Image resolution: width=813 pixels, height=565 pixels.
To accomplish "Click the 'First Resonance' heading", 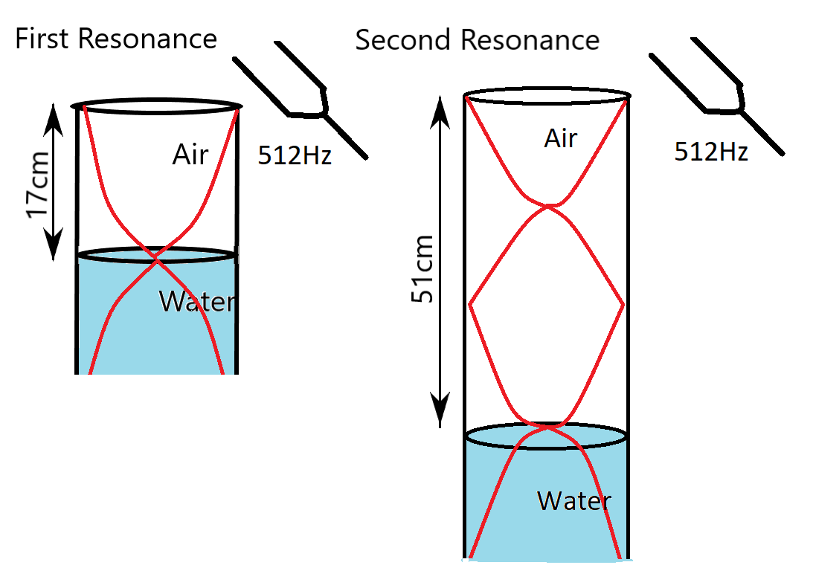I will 116,39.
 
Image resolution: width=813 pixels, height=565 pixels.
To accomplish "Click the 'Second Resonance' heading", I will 477,39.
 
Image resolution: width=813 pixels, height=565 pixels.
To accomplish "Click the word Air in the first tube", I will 190,155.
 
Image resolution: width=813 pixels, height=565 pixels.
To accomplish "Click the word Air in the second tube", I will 561,138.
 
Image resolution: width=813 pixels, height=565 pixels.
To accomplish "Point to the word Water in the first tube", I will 197,301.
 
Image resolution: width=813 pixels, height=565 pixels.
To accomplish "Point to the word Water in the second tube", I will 574,500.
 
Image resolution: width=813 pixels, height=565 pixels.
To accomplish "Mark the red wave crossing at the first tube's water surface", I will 156,259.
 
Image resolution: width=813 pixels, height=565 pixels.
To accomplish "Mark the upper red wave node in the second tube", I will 549,206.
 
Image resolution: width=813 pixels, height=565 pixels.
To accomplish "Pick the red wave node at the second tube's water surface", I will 548,426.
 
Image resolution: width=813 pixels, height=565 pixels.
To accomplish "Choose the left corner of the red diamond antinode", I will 469,304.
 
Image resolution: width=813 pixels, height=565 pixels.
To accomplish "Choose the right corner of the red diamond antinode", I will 623,304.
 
